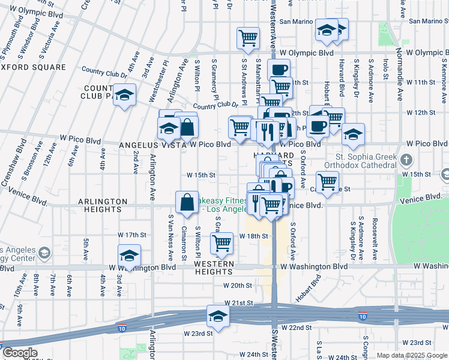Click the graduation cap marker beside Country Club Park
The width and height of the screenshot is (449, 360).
click(124, 95)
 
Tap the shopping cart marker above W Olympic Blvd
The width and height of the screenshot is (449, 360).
click(248, 38)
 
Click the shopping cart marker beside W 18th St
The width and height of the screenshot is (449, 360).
click(221, 243)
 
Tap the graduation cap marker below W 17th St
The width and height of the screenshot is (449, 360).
click(128, 256)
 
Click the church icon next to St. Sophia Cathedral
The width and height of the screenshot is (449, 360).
click(407, 160)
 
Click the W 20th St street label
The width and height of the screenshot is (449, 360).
click(237, 286)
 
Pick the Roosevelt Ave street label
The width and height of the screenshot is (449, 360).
click(374, 238)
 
